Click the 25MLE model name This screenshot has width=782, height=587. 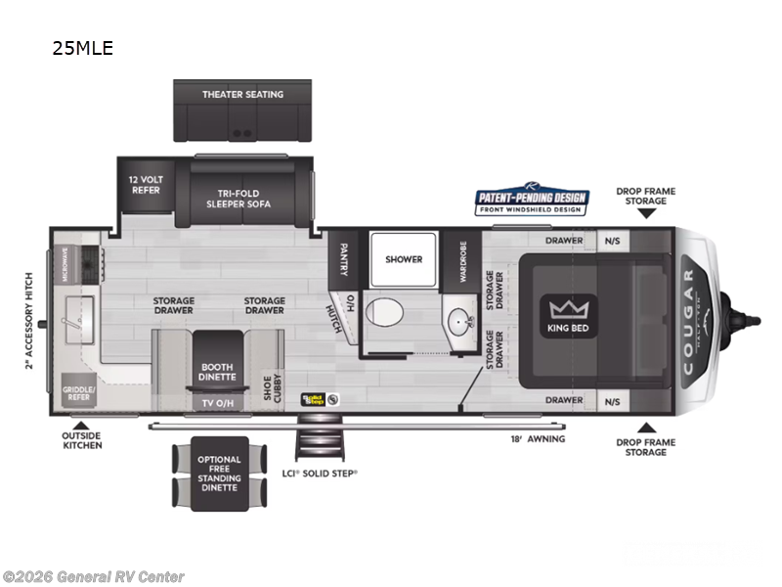(x=83, y=48)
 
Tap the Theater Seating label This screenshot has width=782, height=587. (x=242, y=95)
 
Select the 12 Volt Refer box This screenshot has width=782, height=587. (x=145, y=185)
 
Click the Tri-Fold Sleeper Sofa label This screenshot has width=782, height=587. (x=239, y=199)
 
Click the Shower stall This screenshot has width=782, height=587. (x=404, y=259)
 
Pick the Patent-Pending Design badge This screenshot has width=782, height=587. (x=531, y=202)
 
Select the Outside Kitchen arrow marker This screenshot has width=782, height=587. (x=66, y=426)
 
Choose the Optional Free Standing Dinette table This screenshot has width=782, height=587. (x=218, y=474)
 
